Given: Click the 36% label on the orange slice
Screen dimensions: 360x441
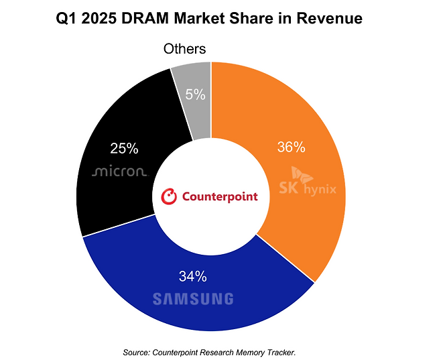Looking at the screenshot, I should pyautogui.click(x=292, y=146).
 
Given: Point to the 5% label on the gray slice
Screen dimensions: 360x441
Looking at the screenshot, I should pyautogui.click(x=195, y=95).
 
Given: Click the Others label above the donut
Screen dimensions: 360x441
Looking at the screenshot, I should pyautogui.click(x=185, y=49).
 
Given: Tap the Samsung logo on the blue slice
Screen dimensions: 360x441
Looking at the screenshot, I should pyautogui.click(x=192, y=299).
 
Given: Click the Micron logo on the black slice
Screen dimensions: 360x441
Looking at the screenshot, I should pyautogui.click(x=119, y=172).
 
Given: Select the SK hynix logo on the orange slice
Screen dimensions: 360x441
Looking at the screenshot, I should pyautogui.click(x=308, y=186).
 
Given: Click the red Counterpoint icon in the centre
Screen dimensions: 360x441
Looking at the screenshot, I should pyautogui.click(x=170, y=196).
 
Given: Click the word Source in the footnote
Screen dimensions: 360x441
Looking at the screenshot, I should pyautogui.click(x=136, y=352).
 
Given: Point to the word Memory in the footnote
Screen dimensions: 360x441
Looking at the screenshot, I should pyautogui.click(x=245, y=352).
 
